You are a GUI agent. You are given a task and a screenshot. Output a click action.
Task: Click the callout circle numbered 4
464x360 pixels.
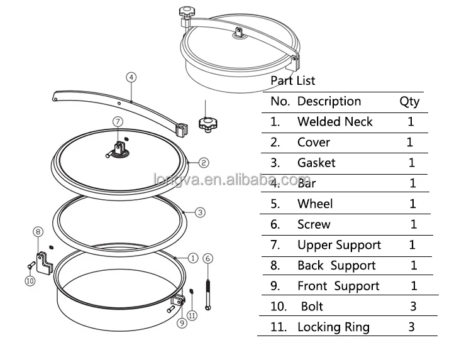tap(131, 77)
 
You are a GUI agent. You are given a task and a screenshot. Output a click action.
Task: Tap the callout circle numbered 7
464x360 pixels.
tap(117, 121)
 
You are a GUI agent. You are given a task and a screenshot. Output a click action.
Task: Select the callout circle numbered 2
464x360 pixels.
tap(204, 163)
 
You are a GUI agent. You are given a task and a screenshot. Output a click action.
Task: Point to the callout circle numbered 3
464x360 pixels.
tap(200, 212)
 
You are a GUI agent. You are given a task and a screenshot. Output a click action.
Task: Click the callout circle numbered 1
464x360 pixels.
tap(193, 258)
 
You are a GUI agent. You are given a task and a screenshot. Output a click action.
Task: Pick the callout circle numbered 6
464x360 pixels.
tap(208, 258)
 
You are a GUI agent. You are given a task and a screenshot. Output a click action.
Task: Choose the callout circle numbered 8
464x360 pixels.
tap(38, 232)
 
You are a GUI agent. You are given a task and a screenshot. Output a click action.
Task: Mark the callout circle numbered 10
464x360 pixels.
tap(30, 281)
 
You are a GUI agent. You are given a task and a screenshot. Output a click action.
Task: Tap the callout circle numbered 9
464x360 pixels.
tap(181, 324)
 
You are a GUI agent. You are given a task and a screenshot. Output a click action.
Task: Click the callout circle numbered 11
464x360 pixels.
tap(192, 315)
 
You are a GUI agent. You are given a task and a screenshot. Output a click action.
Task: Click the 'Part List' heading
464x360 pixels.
tap(292, 81)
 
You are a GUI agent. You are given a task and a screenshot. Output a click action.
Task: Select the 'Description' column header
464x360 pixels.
tap(329, 102)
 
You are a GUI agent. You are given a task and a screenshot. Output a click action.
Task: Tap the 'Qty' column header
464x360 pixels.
tap(409, 102)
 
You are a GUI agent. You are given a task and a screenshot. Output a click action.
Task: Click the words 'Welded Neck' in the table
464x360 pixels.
tap(334, 122)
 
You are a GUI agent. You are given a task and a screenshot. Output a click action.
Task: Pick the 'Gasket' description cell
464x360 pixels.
tap(316, 163)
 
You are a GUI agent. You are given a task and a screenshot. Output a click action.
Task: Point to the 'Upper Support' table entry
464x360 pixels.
tap(339, 245)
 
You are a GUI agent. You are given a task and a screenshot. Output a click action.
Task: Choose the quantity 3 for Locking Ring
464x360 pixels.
tap(412, 327)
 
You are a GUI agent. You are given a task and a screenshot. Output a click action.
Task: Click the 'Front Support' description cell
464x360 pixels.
tap(338, 286)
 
